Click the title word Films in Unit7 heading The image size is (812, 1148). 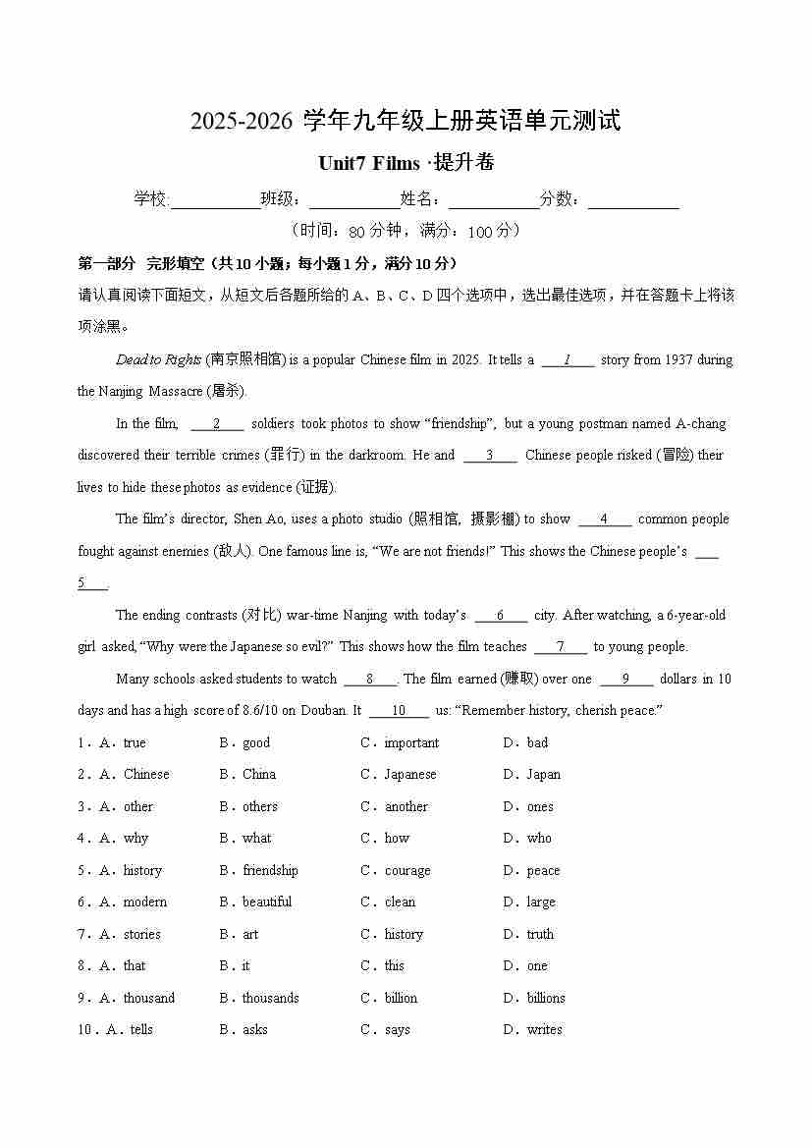(x=393, y=163)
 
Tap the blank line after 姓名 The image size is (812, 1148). (x=494, y=200)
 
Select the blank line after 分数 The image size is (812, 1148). (x=633, y=200)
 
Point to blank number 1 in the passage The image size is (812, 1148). (x=568, y=359)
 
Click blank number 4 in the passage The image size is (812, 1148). (x=604, y=519)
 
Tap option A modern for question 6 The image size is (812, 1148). (x=144, y=902)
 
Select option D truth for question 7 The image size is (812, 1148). (x=539, y=935)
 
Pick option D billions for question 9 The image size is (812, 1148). (x=545, y=999)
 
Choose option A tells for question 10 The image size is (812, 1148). (x=140, y=1030)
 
